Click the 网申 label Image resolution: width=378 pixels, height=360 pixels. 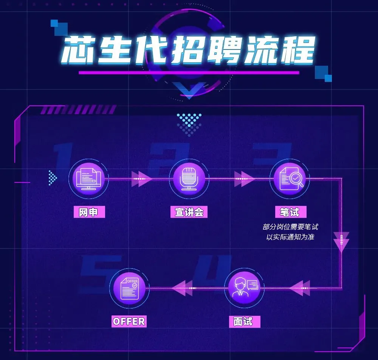[89, 212]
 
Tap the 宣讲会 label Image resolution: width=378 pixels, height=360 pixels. [189, 212]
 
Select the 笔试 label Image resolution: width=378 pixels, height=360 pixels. [290, 212]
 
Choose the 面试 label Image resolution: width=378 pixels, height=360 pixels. [243, 321]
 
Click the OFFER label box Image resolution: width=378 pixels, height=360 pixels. [129, 321]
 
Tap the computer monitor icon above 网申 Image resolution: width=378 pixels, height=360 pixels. [88, 178]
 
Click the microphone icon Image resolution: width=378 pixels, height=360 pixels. [189, 178]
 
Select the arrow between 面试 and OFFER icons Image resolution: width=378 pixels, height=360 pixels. [184, 288]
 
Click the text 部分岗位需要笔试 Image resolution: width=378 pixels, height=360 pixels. [290, 227]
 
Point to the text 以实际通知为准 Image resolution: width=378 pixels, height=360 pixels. [290, 237]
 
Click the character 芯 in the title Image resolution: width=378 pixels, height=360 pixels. [78, 49]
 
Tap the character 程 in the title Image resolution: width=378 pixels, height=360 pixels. [298, 49]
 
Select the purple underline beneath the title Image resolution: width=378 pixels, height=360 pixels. [189, 73]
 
